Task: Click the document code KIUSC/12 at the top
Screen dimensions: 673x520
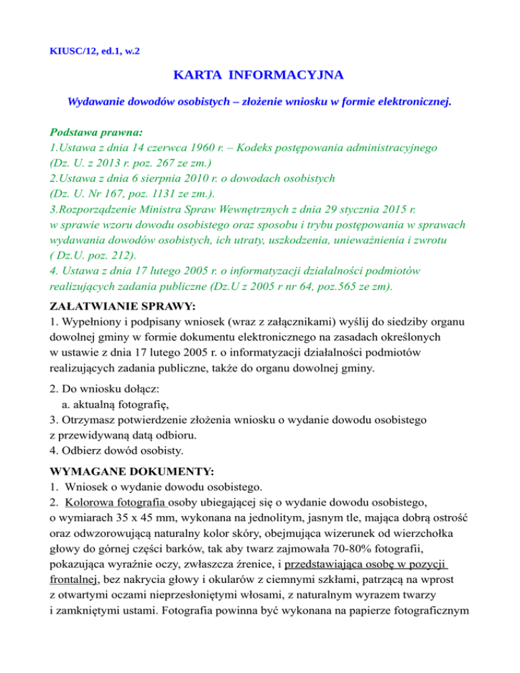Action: (x=76, y=50)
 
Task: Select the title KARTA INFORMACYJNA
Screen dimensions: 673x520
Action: (x=259, y=74)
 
